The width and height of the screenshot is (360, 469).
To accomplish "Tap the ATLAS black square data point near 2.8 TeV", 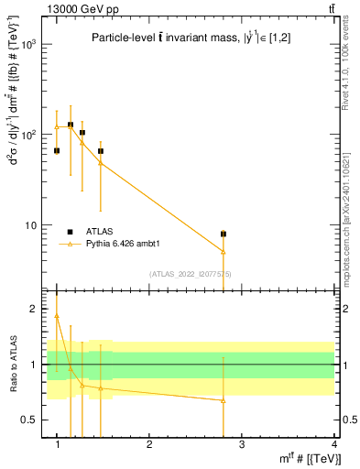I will tap(224, 234).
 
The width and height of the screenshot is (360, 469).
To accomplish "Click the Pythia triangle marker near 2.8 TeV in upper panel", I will tap(224, 251).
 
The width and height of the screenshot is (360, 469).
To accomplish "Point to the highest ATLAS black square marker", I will tap(71, 125).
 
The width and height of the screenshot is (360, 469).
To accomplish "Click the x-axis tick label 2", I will tap(149, 443).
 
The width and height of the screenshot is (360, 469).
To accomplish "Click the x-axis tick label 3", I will tap(242, 443).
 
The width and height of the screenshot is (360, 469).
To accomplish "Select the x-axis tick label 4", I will tap(334, 443).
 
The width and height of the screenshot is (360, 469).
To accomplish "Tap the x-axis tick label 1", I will tap(57, 443).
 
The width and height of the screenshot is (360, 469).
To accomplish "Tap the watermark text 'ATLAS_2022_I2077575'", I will tap(191, 273).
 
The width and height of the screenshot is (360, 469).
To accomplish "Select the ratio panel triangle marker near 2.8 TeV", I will tap(224, 400).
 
